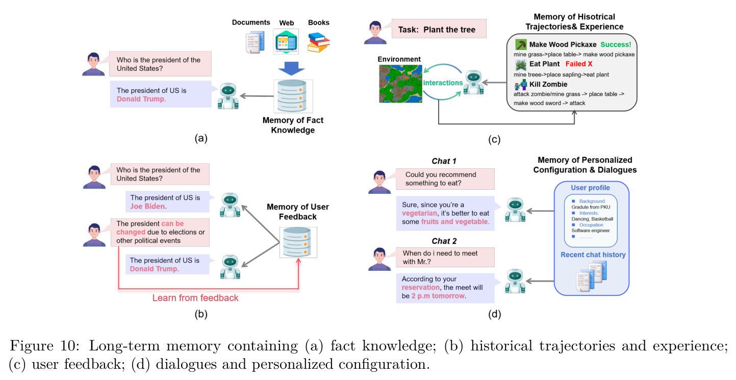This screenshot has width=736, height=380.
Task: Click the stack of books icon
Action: (x=318, y=42)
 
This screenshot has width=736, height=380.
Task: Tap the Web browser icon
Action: (x=286, y=42)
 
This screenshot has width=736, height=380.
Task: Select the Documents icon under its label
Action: (x=256, y=42)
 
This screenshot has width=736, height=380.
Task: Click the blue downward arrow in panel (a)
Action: (x=291, y=68)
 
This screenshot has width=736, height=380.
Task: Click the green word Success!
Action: (x=616, y=44)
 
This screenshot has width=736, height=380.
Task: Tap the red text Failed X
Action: (x=579, y=64)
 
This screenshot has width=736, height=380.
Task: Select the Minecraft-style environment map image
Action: (x=400, y=84)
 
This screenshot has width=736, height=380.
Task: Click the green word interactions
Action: (x=443, y=83)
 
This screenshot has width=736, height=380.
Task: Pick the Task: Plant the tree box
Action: (x=439, y=29)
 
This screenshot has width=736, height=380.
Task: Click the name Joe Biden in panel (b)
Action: (x=148, y=206)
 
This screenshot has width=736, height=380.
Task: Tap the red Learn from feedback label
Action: (x=195, y=298)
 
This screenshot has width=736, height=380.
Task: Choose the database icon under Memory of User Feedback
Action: (x=298, y=242)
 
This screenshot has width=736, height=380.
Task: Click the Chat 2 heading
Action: (x=444, y=241)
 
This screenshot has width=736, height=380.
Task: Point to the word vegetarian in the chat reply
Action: (x=419, y=213)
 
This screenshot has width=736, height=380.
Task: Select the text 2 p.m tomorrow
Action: (x=438, y=296)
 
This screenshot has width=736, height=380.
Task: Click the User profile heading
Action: (x=590, y=188)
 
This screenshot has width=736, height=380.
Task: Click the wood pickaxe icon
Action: (x=521, y=44)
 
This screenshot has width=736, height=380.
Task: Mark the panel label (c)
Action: (x=494, y=139)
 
